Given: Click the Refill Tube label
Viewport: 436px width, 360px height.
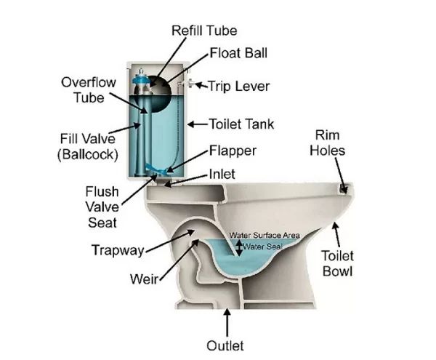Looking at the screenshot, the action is [x=204, y=31].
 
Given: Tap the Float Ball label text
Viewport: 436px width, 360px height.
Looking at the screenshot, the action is [x=238, y=53].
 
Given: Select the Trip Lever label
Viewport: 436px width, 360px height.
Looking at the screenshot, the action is [x=239, y=86].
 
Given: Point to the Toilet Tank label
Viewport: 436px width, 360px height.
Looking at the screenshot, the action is [x=242, y=124].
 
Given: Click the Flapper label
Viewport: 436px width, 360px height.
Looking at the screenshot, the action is [x=233, y=151].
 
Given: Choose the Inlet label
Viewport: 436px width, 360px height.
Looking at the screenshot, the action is [x=222, y=174].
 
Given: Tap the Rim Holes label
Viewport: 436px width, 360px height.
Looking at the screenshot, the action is [x=328, y=143].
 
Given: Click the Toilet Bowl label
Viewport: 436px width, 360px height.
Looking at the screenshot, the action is [x=338, y=263].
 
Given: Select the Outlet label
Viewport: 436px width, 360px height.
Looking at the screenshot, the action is [x=225, y=345].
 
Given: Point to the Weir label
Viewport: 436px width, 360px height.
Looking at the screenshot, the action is [x=145, y=279].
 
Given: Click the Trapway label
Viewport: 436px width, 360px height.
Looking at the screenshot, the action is [x=118, y=250].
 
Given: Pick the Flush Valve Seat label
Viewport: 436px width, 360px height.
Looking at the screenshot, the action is [x=102, y=207].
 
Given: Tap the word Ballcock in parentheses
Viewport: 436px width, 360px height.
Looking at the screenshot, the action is [x=88, y=154].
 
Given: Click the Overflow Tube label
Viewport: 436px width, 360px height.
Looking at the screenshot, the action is [x=89, y=90].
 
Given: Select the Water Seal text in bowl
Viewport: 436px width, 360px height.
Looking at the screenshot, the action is [x=263, y=247].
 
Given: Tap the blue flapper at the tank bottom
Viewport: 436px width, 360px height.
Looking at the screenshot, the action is [x=156, y=169].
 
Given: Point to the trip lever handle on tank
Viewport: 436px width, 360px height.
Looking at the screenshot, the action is [x=188, y=83].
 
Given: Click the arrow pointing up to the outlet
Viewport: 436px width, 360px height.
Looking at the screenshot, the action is [x=227, y=322].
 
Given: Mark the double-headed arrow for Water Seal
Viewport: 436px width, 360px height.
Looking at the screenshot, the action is [x=239, y=247].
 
